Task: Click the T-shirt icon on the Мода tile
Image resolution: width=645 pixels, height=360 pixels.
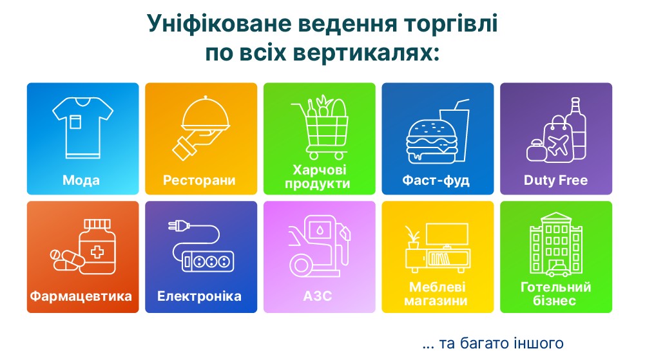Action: (82, 128)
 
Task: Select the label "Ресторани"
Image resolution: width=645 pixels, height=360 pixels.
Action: (199, 180)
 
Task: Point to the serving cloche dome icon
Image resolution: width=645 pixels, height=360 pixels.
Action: (206, 114)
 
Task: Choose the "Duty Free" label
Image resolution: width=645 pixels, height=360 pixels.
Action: (555, 180)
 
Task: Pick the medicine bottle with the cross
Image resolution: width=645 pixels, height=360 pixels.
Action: (97, 247)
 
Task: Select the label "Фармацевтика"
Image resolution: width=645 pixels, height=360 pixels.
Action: (81, 296)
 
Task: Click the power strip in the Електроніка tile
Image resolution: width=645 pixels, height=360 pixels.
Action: (207, 261)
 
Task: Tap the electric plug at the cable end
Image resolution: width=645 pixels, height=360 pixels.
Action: (179, 225)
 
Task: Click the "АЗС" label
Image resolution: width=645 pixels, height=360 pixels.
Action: (318, 296)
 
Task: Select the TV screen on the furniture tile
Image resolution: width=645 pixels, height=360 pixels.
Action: (447, 234)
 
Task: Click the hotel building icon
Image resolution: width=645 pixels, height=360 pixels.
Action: (555, 244)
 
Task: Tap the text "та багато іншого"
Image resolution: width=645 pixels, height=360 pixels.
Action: (501, 343)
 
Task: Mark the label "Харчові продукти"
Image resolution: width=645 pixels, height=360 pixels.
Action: (318, 176)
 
